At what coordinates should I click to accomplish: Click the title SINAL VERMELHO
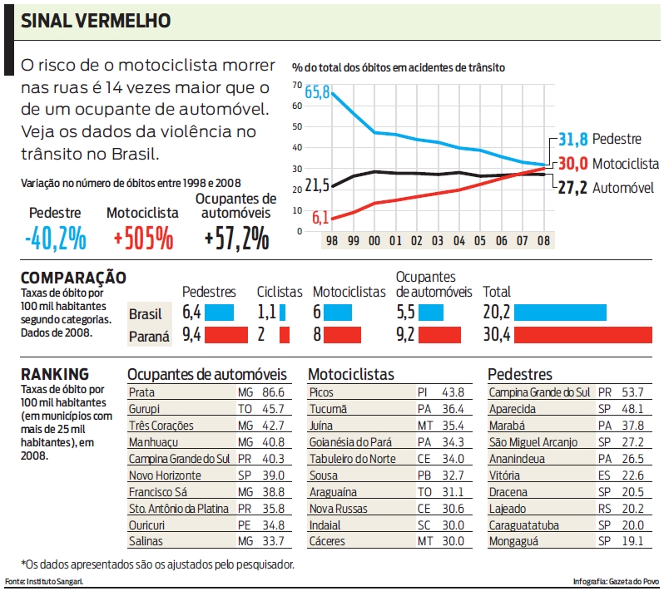(96, 20)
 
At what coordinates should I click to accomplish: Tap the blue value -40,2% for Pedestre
(56, 239)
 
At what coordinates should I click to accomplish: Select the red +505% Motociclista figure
(144, 239)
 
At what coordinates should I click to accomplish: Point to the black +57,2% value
(237, 239)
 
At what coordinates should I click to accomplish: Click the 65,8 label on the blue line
(317, 92)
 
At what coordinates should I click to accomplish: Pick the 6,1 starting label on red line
(320, 218)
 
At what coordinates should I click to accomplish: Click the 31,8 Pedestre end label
(572, 139)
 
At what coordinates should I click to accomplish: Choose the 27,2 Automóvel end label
(572, 188)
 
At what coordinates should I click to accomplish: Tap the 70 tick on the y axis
(297, 86)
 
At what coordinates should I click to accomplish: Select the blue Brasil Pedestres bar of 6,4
(221, 313)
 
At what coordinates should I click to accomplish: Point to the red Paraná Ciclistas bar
(285, 336)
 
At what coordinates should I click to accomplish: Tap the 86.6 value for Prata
(273, 392)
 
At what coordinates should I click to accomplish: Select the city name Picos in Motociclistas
(321, 392)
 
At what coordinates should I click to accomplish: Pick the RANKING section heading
(55, 374)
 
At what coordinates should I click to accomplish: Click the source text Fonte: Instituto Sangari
(44, 581)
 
